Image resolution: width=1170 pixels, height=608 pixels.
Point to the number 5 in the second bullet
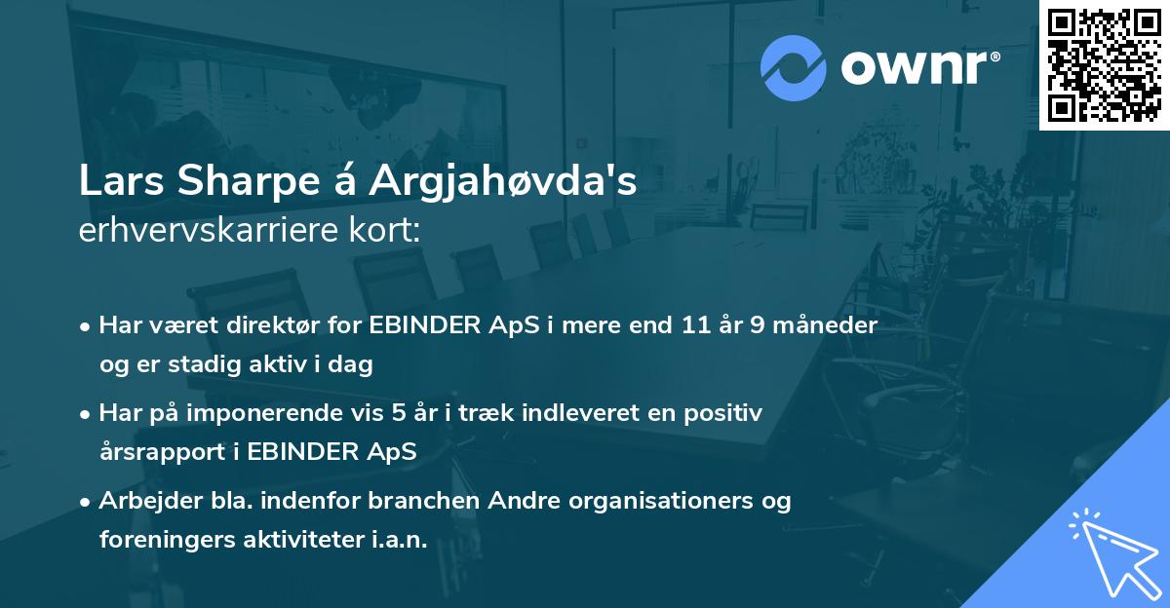[x=398, y=413]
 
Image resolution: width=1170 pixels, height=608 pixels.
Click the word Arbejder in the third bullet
[x=143, y=501]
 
